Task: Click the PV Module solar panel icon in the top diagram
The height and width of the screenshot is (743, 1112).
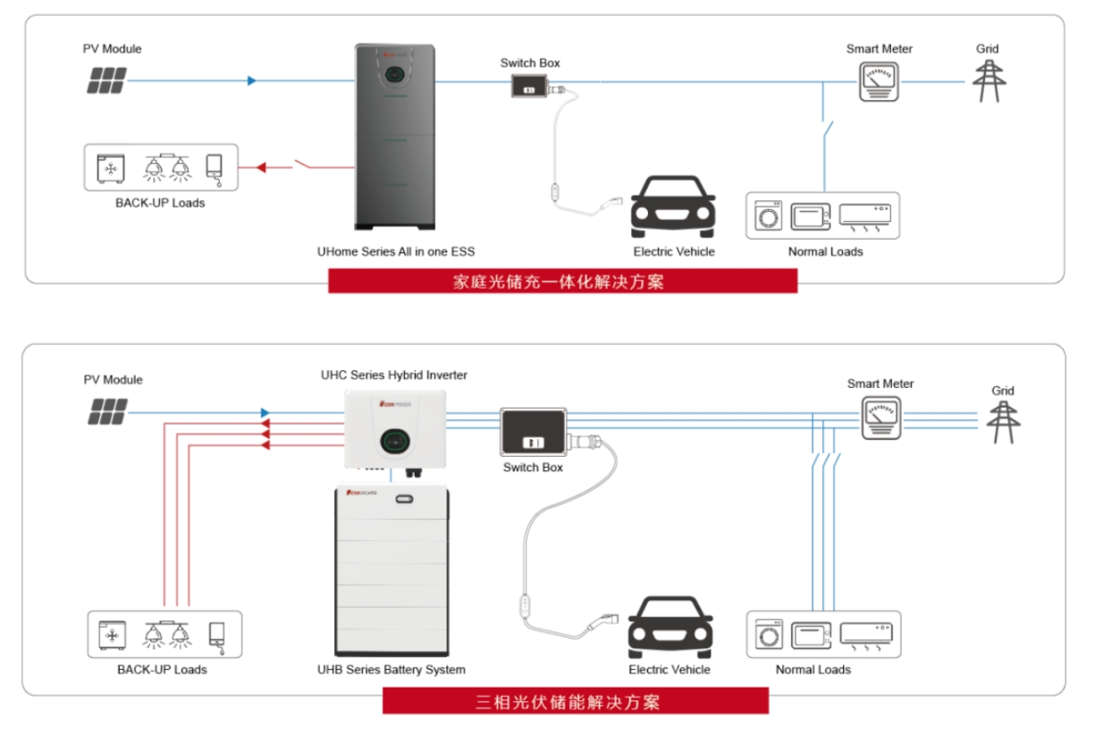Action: (x=105, y=80)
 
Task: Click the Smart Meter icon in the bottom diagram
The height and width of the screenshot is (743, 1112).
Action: (x=880, y=417)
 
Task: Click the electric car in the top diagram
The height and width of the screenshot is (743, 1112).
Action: (x=672, y=207)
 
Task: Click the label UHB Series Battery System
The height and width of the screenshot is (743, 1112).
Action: (x=391, y=670)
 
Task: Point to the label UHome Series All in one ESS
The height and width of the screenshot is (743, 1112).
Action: (x=395, y=251)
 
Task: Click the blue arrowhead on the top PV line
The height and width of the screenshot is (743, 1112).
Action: (x=252, y=80)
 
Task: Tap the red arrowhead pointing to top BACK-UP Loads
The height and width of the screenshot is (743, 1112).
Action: (x=260, y=166)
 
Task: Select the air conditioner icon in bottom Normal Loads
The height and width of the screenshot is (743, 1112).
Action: (x=866, y=634)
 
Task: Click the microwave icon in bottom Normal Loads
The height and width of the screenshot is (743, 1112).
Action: (x=811, y=634)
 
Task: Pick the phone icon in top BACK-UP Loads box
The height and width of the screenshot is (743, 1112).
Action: (x=215, y=167)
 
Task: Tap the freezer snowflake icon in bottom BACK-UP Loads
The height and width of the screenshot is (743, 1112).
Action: (x=112, y=635)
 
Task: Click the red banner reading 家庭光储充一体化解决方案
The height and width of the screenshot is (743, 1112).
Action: (x=562, y=281)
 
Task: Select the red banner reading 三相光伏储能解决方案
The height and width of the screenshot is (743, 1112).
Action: (x=575, y=700)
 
